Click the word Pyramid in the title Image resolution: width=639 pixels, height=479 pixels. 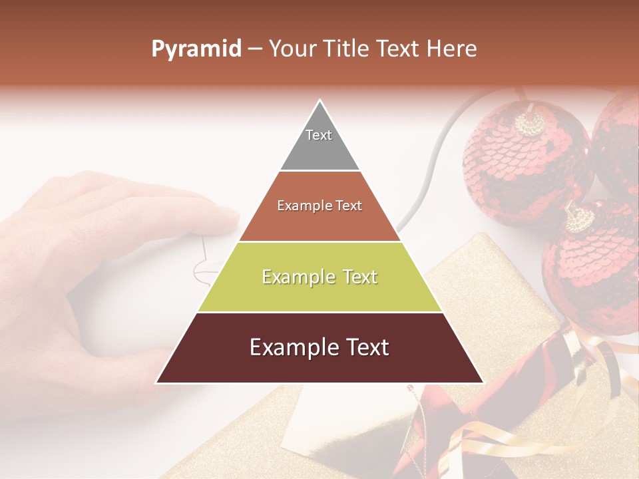(196, 49)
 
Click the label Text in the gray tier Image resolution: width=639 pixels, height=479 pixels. (319, 135)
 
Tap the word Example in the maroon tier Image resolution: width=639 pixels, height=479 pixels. (288, 347)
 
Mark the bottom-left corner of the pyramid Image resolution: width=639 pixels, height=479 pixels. (157, 382)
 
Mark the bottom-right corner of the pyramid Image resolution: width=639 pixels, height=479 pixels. (483, 382)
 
